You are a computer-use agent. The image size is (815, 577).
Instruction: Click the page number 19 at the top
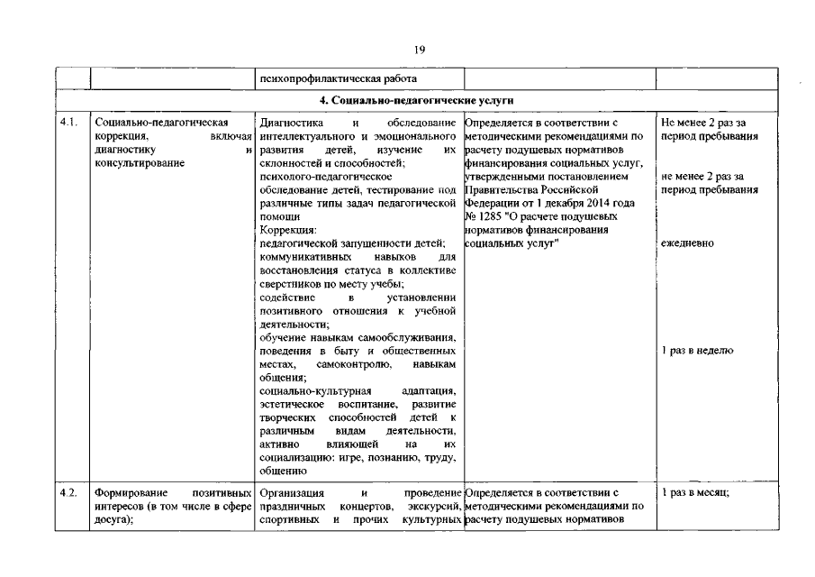(x=420, y=50)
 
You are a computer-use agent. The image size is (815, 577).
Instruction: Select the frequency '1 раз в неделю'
(x=696, y=351)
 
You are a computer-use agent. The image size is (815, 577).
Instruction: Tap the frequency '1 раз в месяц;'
(x=695, y=493)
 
